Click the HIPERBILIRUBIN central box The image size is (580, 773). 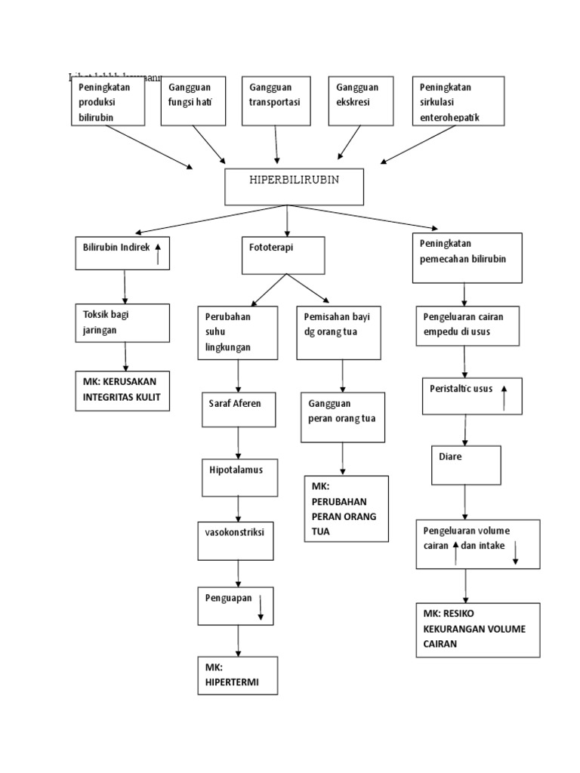click(294, 186)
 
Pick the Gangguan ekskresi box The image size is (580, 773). click(361, 100)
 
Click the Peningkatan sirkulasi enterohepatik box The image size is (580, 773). click(458, 100)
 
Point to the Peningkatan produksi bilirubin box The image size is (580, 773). click(108, 100)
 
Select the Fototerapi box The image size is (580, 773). click(282, 255)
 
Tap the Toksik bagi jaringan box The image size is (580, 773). click(122, 322)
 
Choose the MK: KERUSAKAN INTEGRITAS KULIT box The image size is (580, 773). click(122, 390)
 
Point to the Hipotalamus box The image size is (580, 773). click(238, 476)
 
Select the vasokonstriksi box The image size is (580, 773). click(236, 541)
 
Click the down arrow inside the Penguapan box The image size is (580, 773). click(261, 607)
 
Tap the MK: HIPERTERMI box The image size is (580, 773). click(236, 675)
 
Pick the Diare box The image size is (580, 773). click(466, 464)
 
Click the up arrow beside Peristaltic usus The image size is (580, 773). click(504, 396)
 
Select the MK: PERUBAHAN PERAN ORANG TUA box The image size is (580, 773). click(346, 509)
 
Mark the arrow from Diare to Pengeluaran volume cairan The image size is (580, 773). click(465, 501)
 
